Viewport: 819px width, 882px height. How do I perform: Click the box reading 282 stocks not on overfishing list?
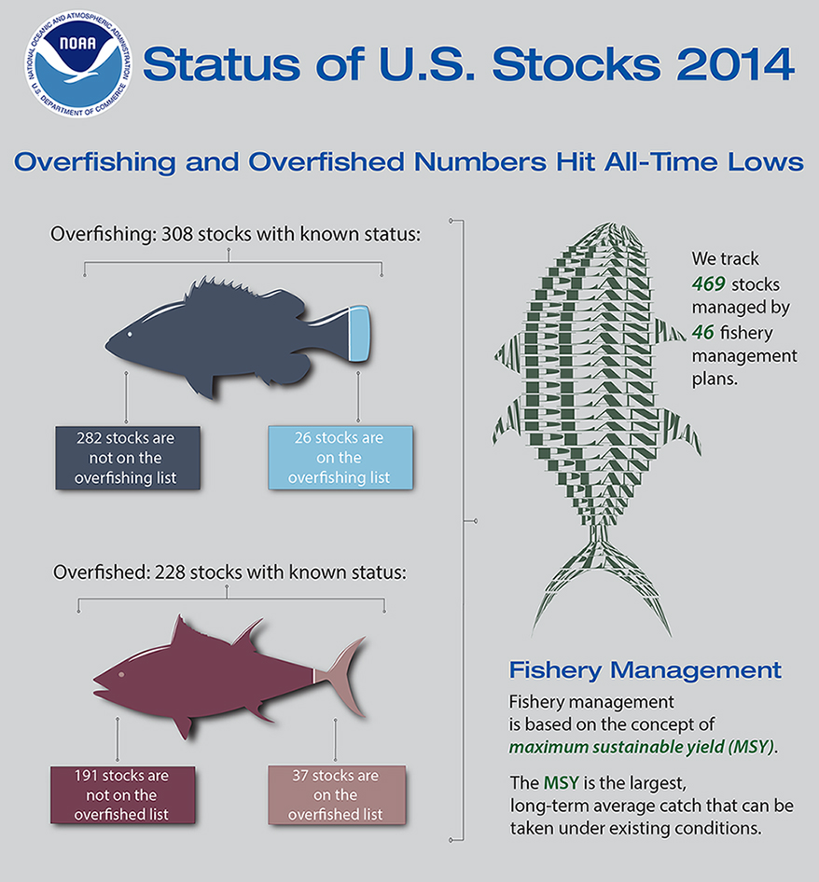128,458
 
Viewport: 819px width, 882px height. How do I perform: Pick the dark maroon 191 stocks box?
122,794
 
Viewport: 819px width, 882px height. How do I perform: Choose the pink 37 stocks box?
337,794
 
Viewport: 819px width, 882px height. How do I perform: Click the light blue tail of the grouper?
359,334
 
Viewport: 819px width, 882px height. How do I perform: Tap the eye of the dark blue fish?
130,335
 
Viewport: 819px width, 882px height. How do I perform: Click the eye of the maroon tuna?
120,672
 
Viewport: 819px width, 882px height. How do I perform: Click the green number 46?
702,331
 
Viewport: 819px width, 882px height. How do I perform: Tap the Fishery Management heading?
645,669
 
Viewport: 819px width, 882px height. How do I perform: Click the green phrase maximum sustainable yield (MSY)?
642,747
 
